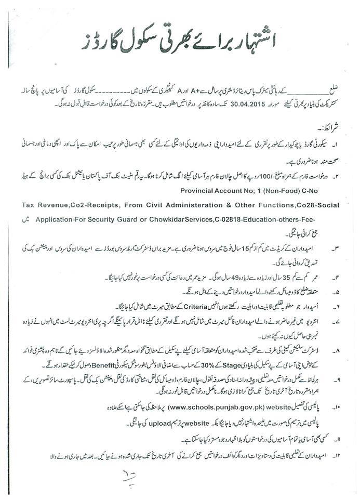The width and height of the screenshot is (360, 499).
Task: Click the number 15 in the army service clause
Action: pyautogui.click(x=216, y=243)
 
